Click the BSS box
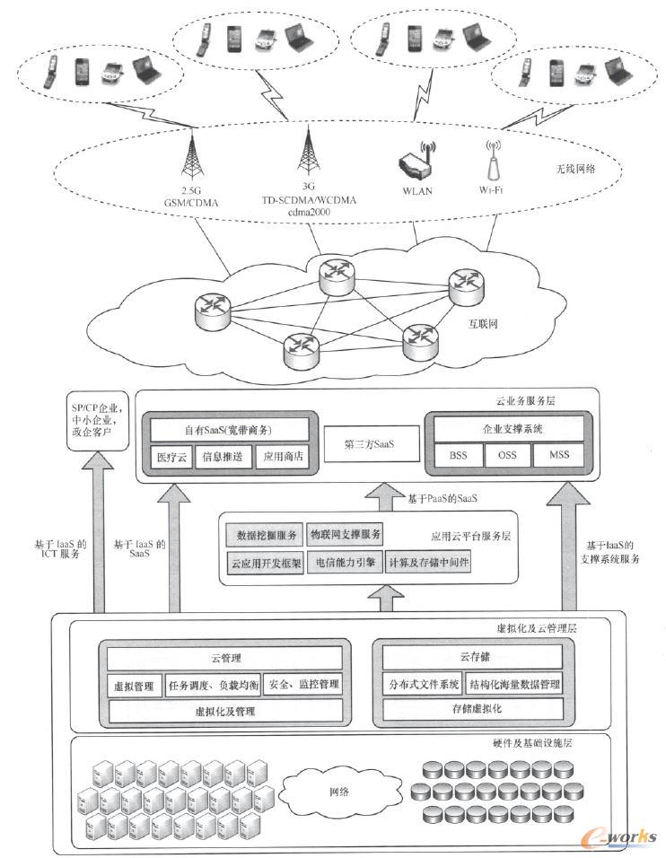(x=458, y=455)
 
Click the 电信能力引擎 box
(x=345, y=563)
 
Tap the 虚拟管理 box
(x=134, y=685)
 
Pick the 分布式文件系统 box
(x=423, y=685)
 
